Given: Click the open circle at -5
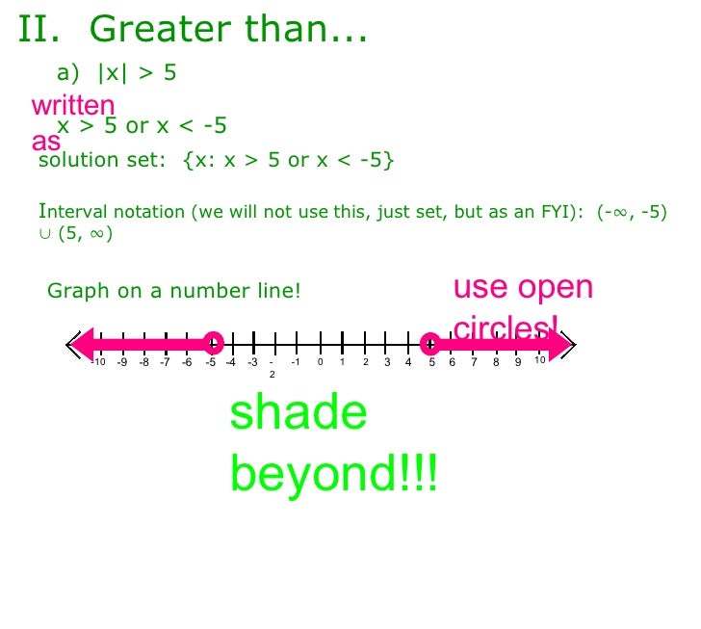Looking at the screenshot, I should [214, 342].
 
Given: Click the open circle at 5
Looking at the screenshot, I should [430, 343].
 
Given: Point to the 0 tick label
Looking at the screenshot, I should [320, 363].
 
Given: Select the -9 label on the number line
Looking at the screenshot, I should [121, 363].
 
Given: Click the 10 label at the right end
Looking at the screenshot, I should [540, 360].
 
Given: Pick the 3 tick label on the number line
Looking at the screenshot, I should [386, 363].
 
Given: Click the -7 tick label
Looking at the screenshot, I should [166, 363].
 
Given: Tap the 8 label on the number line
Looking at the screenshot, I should [496, 363].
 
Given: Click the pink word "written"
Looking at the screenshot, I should [73, 105].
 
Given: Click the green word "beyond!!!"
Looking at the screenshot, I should [333, 473].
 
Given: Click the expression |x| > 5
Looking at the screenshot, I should [136, 72].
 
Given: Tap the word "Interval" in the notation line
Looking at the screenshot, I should [71, 213].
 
